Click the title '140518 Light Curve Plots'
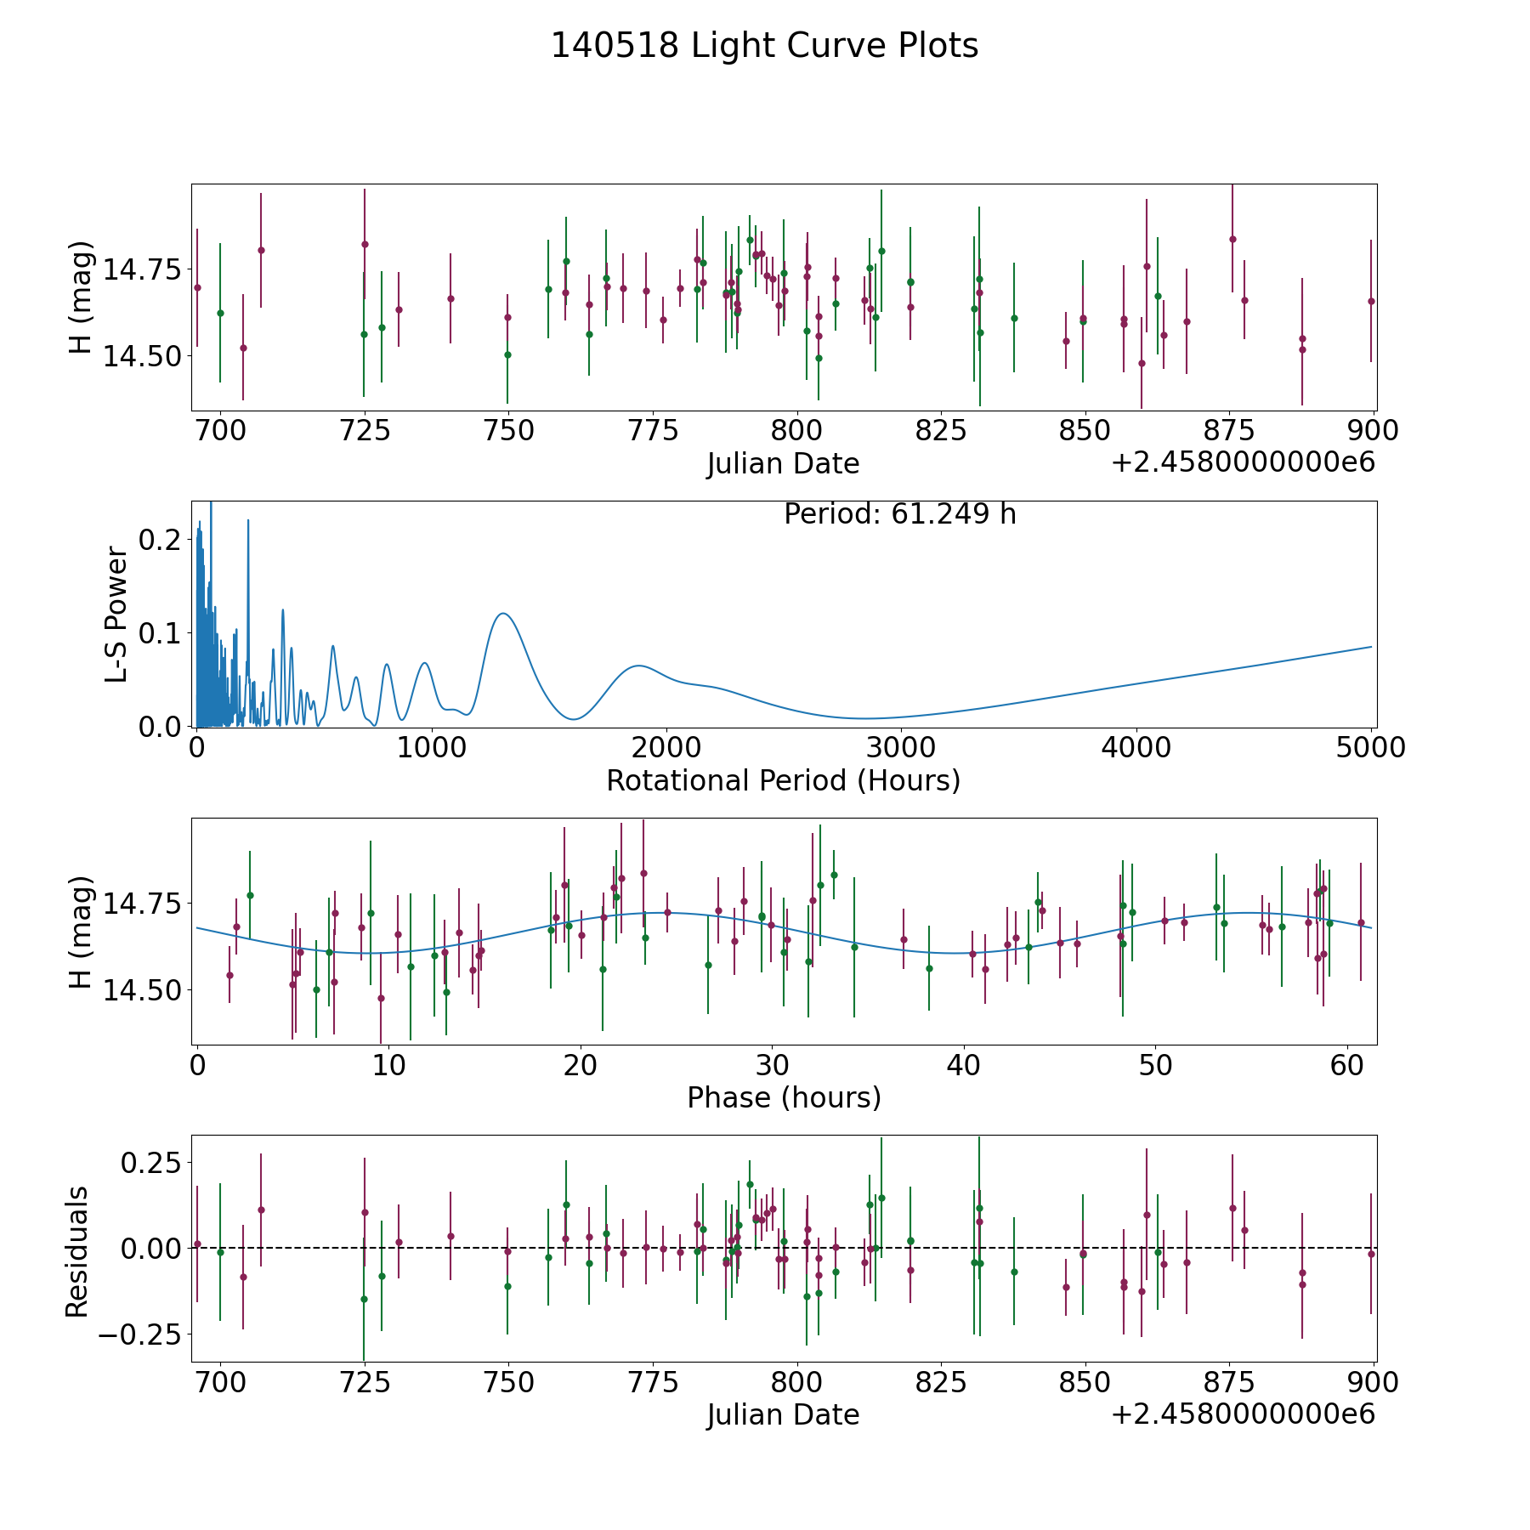(764, 46)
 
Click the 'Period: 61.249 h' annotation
(899, 514)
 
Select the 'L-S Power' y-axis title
(116, 615)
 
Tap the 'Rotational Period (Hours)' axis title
(783, 780)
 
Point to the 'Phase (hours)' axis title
(784, 1097)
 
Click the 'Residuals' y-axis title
(77, 1251)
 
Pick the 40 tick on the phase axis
(964, 1065)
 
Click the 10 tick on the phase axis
(388, 1065)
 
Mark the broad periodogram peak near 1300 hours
(503, 613)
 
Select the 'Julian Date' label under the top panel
(783, 464)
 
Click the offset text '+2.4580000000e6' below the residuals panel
(1243, 1414)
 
